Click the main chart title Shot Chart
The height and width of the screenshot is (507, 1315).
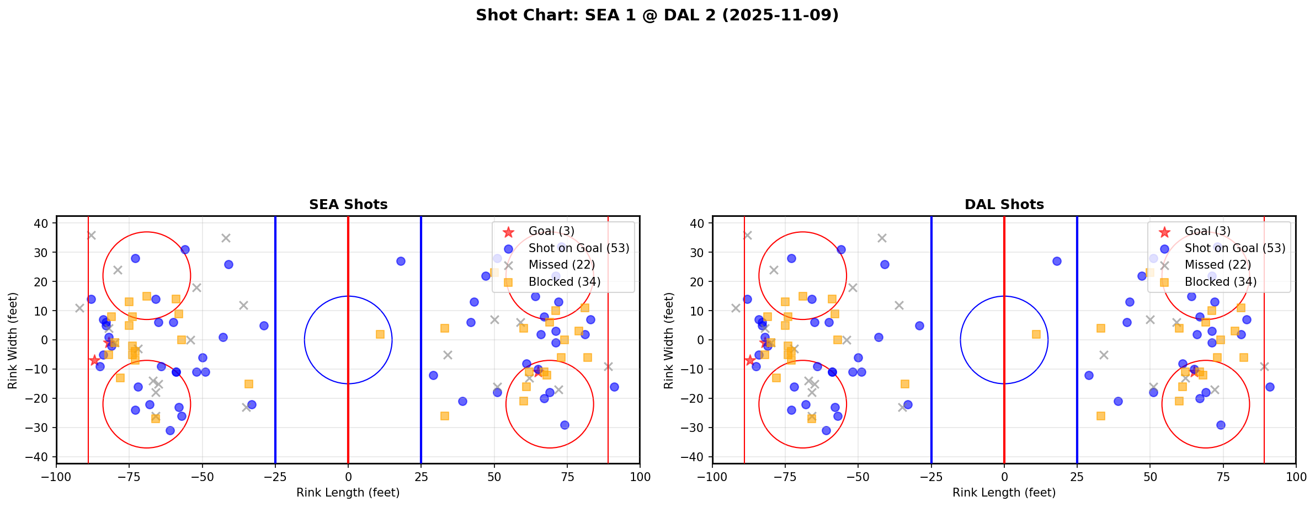point(657,15)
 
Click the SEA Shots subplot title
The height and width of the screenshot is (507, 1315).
point(348,205)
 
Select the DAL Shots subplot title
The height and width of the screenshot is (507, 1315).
point(1004,205)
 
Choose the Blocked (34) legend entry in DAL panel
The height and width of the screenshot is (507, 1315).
point(1220,282)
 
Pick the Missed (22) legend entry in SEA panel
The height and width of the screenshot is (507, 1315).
point(561,265)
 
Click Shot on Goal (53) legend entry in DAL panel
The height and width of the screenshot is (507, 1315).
point(1234,248)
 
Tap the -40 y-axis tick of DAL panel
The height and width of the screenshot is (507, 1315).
point(696,457)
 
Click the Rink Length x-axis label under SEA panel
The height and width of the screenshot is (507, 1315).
point(348,493)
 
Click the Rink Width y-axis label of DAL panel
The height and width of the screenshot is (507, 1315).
point(669,340)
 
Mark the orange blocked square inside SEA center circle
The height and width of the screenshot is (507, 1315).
point(380,334)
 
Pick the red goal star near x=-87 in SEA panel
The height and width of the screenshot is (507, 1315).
point(94,360)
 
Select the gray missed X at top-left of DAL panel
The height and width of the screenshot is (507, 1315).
point(747,235)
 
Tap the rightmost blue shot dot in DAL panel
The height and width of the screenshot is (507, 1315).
point(1270,387)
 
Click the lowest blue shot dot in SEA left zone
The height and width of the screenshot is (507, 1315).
point(170,430)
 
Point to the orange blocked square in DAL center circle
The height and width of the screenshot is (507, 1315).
point(1036,334)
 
